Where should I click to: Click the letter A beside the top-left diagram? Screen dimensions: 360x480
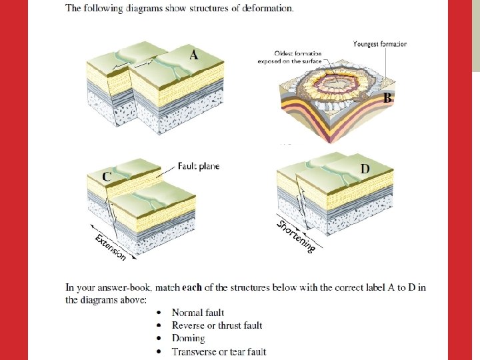point(193,55)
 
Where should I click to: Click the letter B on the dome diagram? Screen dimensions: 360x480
point(387,98)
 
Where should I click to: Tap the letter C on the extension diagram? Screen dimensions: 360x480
point(107,176)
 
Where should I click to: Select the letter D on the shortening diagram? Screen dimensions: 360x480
point(365,169)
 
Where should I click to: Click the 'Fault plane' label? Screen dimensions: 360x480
point(199,166)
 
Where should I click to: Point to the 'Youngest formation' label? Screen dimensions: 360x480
point(379,44)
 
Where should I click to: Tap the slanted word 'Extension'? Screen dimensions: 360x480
point(110,247)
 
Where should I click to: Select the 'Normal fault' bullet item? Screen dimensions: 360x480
point(197,313)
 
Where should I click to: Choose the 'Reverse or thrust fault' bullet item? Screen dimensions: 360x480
point(217,325)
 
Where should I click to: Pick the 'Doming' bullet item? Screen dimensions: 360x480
point(188,339)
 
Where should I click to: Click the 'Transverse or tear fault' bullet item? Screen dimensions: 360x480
point(219,351)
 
